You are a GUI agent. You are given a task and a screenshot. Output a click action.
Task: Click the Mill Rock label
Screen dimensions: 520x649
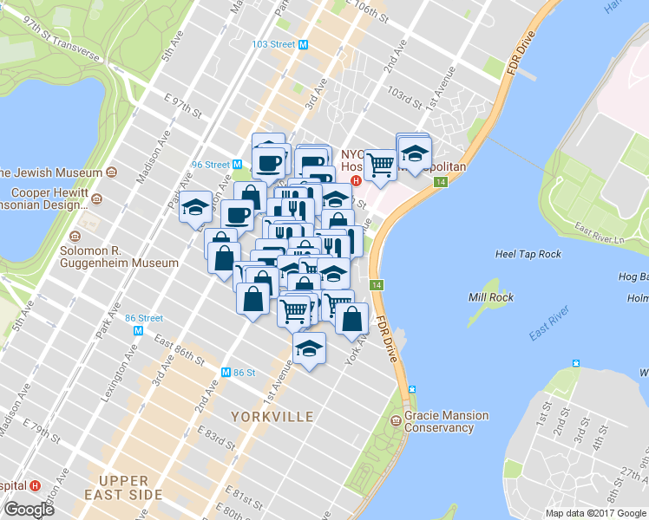(491, 297)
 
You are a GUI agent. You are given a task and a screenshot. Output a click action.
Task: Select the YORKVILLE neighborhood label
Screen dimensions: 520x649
(272, 417)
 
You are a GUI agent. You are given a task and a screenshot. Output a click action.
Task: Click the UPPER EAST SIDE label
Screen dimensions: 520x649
(130, 487)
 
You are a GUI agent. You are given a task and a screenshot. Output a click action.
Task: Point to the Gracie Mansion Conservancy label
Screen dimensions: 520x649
(446, 421)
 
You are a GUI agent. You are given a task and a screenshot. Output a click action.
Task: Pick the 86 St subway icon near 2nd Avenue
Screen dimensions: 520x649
(226, 373)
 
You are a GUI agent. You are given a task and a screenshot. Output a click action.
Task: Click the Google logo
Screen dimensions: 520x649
(29, 510)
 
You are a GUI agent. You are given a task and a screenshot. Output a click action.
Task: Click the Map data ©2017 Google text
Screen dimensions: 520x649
(594, 513)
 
